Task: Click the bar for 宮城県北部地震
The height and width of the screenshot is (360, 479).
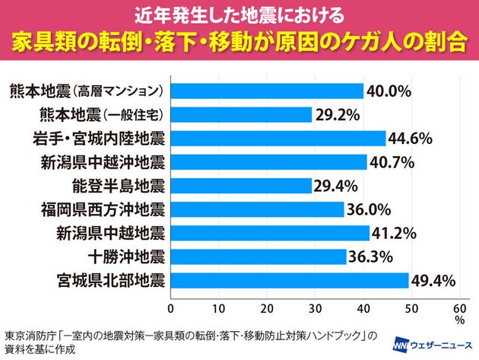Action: [x=289, y=279]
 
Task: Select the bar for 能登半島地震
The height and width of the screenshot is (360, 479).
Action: [x=241, y=185]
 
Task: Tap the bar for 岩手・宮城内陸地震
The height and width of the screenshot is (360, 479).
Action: [x=278, y=138]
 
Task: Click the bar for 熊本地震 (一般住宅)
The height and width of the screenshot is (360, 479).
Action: [x=240, y=114]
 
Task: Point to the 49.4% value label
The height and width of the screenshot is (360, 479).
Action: [x=433, y=280]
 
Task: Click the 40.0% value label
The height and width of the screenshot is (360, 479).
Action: [x=389, y=91]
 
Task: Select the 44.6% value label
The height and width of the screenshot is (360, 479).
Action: [x=411, y=139]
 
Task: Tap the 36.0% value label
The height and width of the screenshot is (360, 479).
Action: [x=370, y=209]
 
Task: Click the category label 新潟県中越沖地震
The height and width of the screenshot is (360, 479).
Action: [x=103, y=162]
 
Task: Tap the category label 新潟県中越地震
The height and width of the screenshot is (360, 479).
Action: [x=111, y=233]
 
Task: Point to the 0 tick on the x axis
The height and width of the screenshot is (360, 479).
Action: [x=170, y=308]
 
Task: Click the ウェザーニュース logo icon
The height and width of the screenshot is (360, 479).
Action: [x=400, y=344]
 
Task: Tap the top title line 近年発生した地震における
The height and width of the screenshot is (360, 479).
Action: [x=239, y=14]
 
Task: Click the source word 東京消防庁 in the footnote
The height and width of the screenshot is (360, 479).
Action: [x=27, y=336]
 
